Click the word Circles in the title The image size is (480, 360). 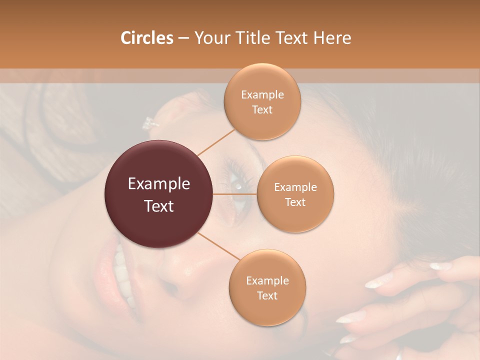147,38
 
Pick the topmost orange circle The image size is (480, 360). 262,101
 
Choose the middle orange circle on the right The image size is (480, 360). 295,194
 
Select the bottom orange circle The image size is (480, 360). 267,287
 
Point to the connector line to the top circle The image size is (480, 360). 216,141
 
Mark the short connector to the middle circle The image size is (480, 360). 235,194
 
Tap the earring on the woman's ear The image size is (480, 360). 149,122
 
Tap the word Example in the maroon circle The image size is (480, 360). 159,184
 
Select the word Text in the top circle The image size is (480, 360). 262,109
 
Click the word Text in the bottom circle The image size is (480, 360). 267,295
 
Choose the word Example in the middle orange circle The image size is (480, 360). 295,187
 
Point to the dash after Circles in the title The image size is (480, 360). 183,38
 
